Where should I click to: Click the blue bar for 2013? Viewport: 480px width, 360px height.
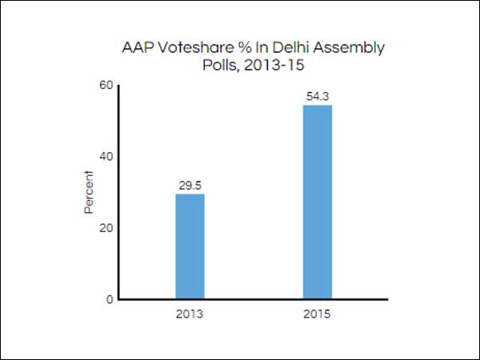coord(190,246)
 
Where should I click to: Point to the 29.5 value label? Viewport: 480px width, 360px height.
coord(190,185)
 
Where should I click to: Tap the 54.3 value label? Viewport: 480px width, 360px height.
coord(317,97)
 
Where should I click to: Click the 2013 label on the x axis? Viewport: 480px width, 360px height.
coord(190,314)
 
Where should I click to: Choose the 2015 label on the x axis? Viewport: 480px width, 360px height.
coord(317,314)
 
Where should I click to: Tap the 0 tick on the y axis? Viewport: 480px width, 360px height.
coord(109,300)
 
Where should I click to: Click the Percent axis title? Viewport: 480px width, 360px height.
coord(89,192)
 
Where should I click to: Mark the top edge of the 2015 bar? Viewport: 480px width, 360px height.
coord(317,106)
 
